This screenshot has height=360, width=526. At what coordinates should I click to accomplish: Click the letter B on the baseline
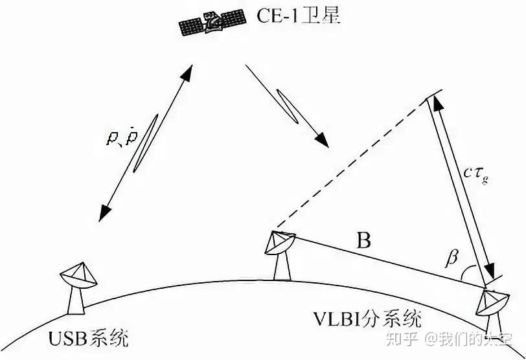pos(364,242)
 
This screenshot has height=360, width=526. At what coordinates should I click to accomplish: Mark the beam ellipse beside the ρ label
pos(146,143)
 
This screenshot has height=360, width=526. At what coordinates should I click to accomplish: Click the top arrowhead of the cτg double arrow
pos(435,103)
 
